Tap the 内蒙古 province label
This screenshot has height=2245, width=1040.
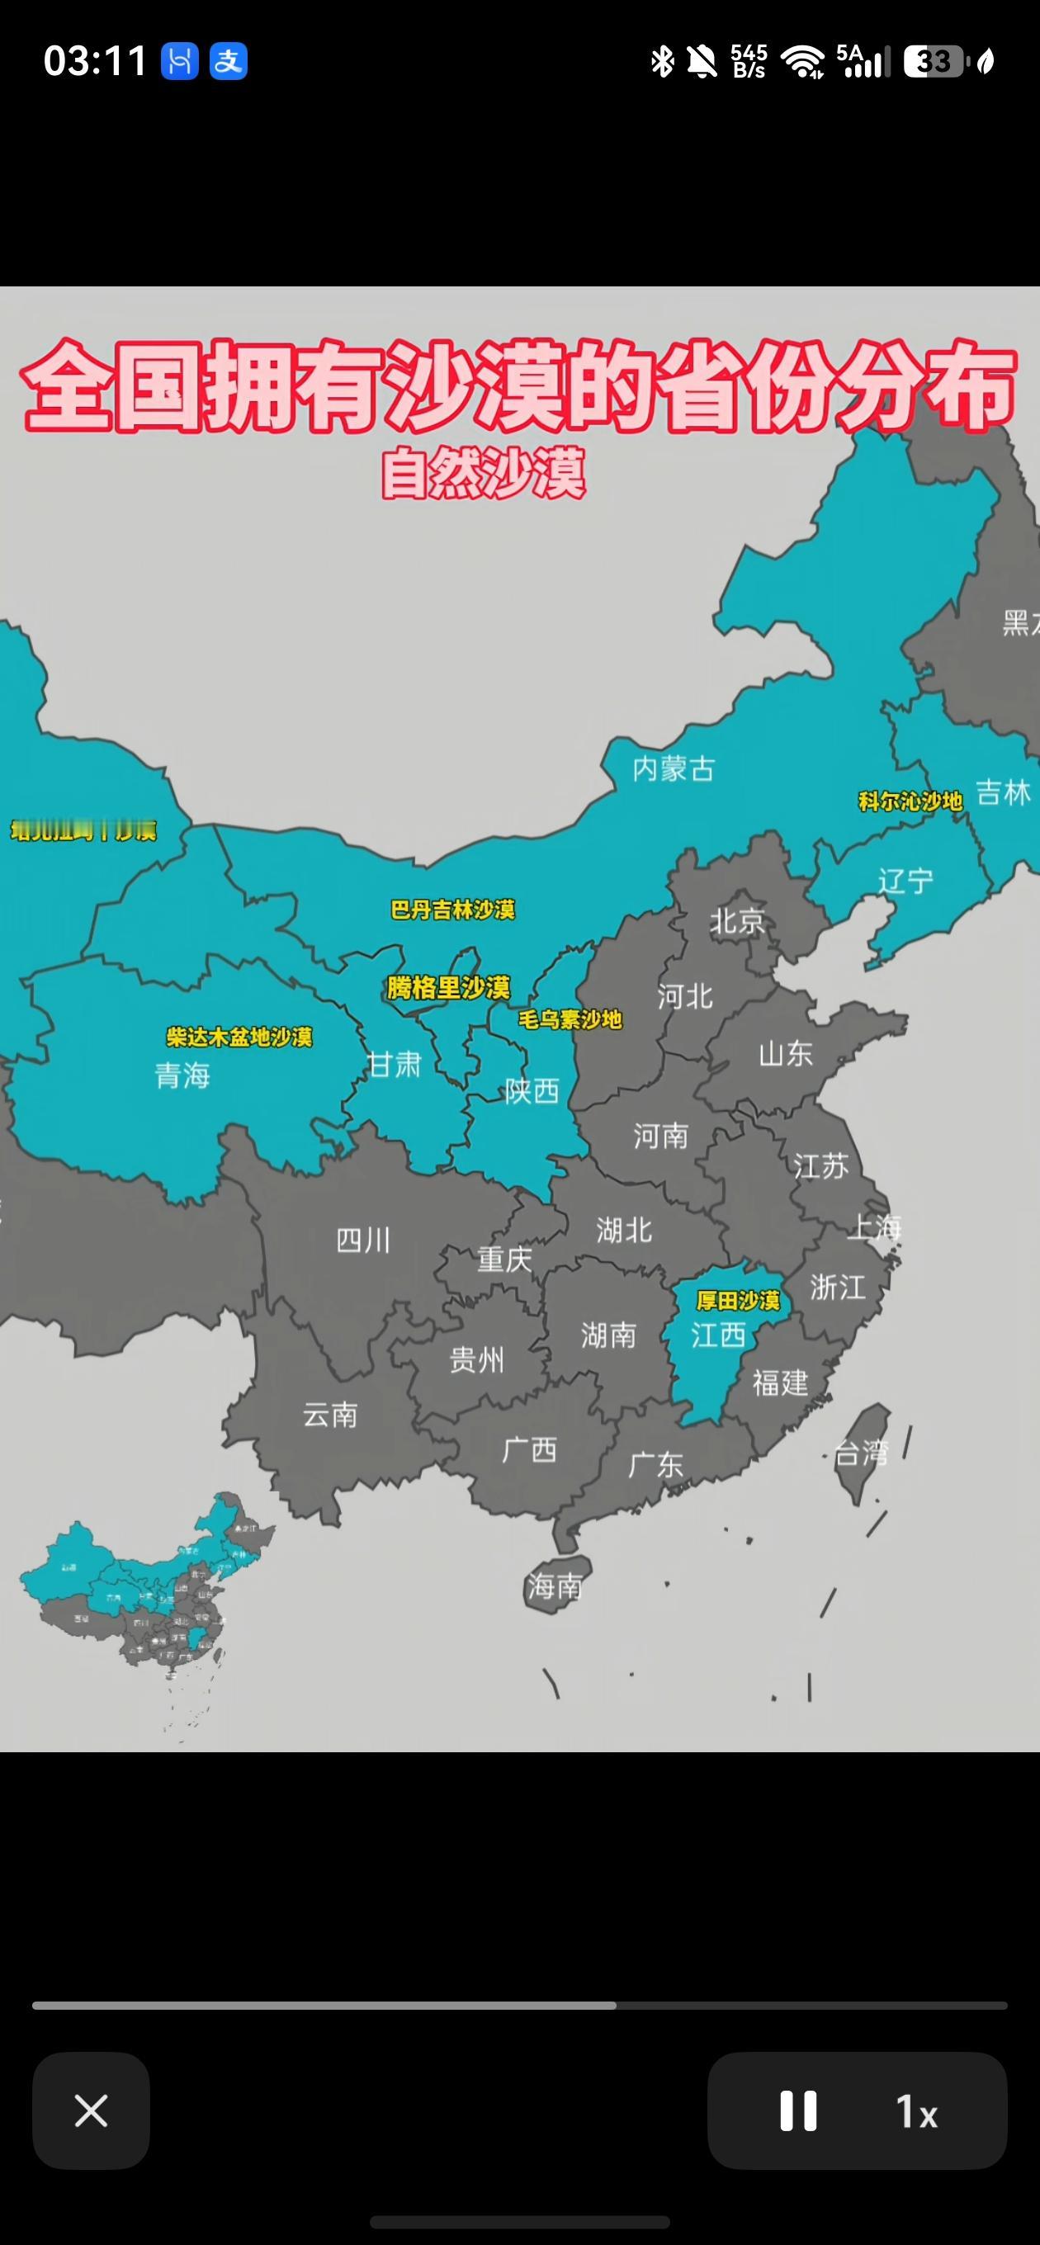pos(673,768)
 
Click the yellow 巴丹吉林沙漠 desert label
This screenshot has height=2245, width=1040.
pos(452,910)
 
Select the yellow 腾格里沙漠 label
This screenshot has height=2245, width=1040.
pos(448,987)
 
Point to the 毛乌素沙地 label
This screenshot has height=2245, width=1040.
pos(570,1019)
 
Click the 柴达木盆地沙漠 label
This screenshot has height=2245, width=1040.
pos(239,1036)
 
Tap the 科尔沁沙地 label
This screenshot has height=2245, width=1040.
pos(910,801)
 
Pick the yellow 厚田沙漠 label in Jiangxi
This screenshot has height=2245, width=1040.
pos(738,1300)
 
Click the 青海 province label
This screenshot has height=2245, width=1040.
pos(183,1075)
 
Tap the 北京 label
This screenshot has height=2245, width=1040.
pos(736,920)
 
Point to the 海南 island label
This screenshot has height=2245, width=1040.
pos(555,1586)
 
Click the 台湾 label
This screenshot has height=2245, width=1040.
pos(860,1453)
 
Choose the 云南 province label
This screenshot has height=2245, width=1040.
pos(330,1414)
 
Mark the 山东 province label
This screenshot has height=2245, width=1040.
pos(786,1054)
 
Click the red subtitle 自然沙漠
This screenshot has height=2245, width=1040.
pos(484,473)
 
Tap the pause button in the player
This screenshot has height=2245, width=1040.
pos(797,2110)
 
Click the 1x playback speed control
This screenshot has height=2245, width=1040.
pos(916,2110)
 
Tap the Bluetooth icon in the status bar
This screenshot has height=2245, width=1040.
pos(663,61)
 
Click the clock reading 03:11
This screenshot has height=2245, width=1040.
pos(95,61)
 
